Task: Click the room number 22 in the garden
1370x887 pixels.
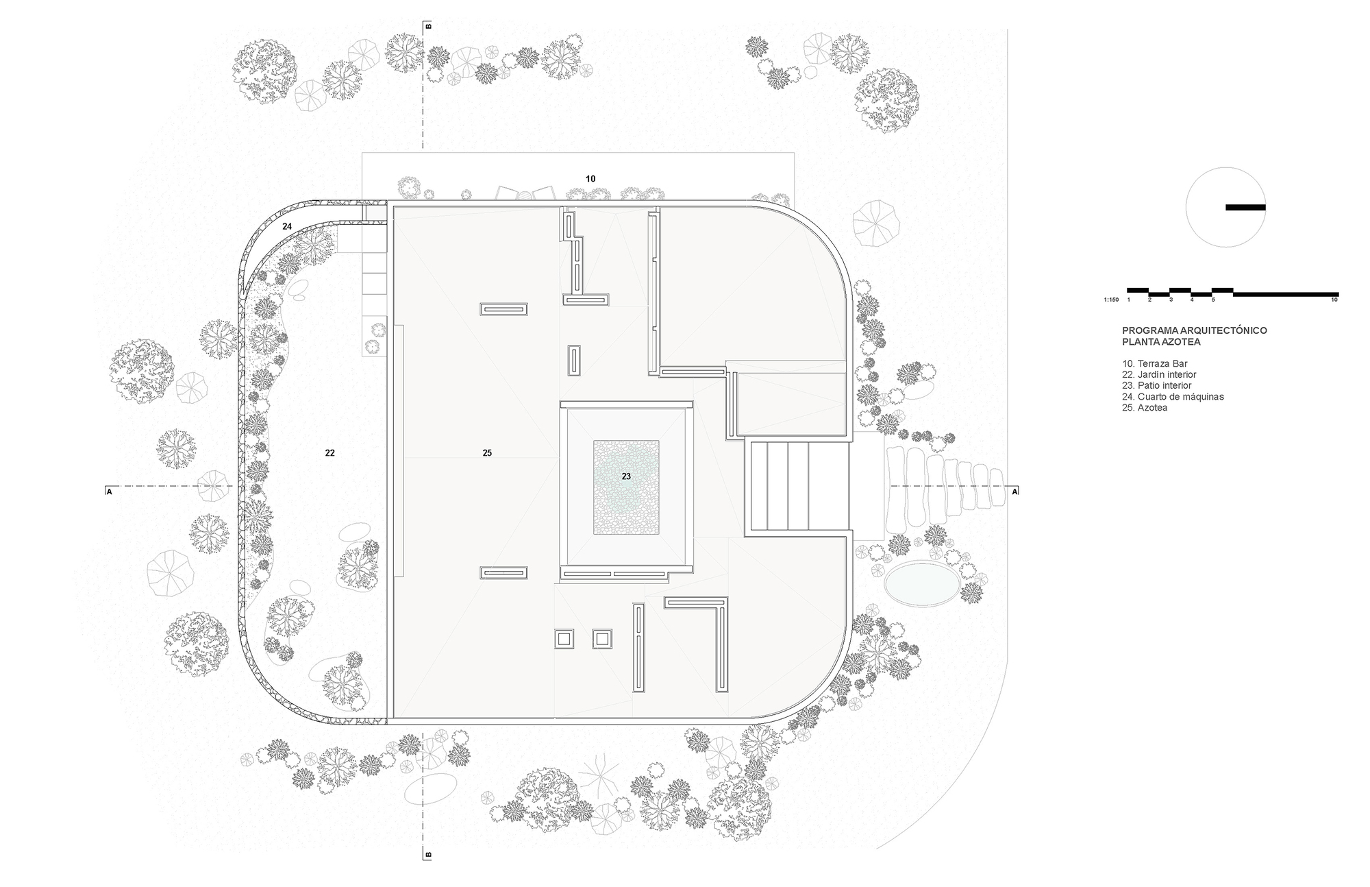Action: [x=329, y=453]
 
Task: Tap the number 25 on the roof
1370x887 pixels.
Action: [x=487, y=453]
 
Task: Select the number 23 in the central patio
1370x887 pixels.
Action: [x=626, y=476]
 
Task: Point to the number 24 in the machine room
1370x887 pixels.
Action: [x=287, y=226]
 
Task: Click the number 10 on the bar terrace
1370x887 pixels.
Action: [x=590, y=179]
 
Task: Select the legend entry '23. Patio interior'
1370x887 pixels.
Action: [x=1156, y=386]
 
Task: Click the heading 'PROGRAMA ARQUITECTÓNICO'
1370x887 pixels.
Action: [x=1195, y=330]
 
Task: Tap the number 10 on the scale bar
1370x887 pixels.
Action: [x=1334, y=300]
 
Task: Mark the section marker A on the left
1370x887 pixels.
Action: [x=109, y=491]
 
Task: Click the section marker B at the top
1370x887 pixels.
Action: [x=429, y=27]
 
